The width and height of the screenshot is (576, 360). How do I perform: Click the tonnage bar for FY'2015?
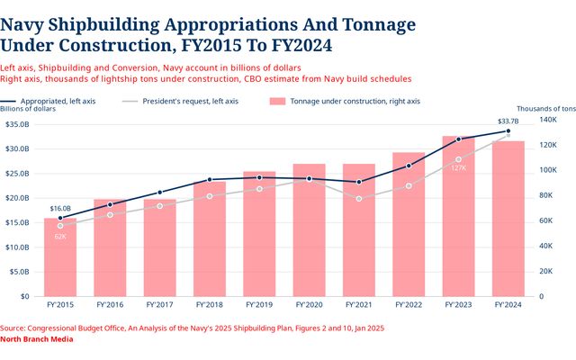pyautogui.click(x=60, y=257)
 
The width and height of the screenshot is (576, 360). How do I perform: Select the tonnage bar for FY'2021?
pyautogui.click(x=359, y=230)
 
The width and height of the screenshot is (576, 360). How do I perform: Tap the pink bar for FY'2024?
pyautogui.click(x=508, y=219)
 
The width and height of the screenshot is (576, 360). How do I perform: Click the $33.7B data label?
pyautogui.click(x=508, y=121)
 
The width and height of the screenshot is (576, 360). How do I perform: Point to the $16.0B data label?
pyautogui.click(x=60, y=209)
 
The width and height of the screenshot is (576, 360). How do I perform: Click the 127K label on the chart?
pyautogui.click(x=458, y=168)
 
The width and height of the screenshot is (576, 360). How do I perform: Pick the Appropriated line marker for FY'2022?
pyautogui.click(x=409, y=166)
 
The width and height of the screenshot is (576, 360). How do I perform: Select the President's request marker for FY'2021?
pyautogui.click(x=359, y=199)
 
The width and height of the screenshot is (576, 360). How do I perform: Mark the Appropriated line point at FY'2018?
pyautogui.click(x=210, y=180)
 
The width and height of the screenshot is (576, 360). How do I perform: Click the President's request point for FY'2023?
pyautogui.click(x=458, y=159)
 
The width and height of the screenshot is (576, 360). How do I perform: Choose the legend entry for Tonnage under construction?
pyautogui.click(x=345, y=102)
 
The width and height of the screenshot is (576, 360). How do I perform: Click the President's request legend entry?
pyautogui.click(x=180, y=102)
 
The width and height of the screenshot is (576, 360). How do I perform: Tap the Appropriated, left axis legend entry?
pyautogui.click(x=48, y=102)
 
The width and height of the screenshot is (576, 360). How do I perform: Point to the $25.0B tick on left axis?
pyautogui.click(x=17, y=174)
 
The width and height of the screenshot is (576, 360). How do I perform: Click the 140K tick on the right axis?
pyautogui.click(x=548, y=120)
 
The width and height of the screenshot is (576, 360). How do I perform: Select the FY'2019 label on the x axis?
pyautogui.click(x=259, y=305)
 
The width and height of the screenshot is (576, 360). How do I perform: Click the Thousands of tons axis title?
pyautogui.click(x=546, y=109)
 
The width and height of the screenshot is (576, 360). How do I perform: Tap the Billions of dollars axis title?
pyautogui.click(x=28, y=109)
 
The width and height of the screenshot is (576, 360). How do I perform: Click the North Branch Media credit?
pyautogui.click(x=36, y=339)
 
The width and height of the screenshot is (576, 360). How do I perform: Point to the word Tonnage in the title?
pyautogui.click(x=379, y=25)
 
